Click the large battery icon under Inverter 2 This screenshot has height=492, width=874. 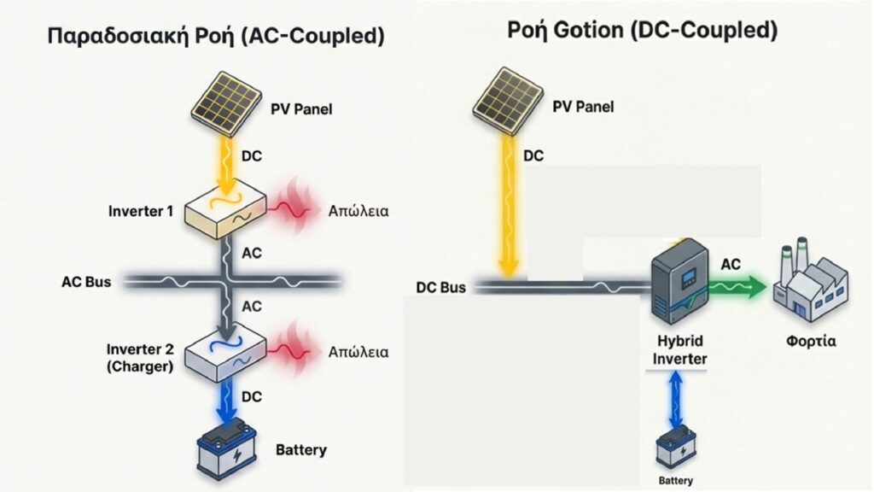226,448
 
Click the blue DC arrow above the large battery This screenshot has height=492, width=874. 226,400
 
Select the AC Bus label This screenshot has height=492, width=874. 86,281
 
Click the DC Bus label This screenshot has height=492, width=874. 440,288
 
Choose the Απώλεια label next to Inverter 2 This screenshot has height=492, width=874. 358,351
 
